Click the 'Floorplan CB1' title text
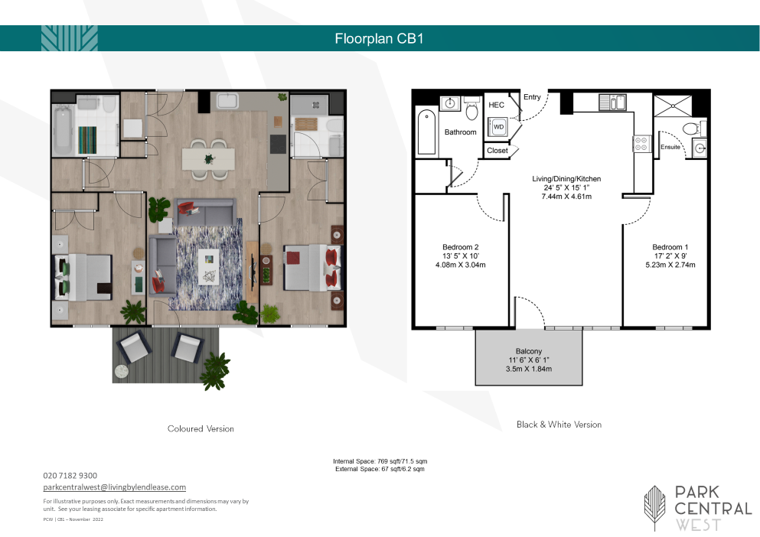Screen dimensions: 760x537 [x=379, y=38]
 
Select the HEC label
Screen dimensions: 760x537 [x=496, y=105]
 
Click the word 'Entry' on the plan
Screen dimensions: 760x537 [x=532, y=97]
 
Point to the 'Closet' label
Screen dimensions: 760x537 [x=497, y=150]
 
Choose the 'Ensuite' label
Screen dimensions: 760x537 [x=670, y=147]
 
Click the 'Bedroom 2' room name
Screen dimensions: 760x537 [x=461, y=247]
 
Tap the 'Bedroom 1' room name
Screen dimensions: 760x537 [x=670, y=247]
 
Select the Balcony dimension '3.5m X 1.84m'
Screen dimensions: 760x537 [x=529, y=369]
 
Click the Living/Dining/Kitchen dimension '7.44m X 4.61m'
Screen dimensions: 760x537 [x=566, y=197]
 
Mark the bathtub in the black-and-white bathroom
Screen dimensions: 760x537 [x=426, y=132]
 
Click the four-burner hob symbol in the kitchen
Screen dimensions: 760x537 [x=641, y=144]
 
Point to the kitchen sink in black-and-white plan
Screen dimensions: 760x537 [x=613, y=103]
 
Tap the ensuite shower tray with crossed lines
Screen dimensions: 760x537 [x=672, y=106]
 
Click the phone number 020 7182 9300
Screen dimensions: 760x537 [x=70, y=476]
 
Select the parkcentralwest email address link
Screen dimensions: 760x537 [x=114, y=487]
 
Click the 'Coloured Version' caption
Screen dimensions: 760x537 [x=201, y=428]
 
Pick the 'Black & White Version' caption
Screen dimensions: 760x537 [x=559, y=425]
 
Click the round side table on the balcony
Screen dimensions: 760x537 [x=121, y=372]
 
